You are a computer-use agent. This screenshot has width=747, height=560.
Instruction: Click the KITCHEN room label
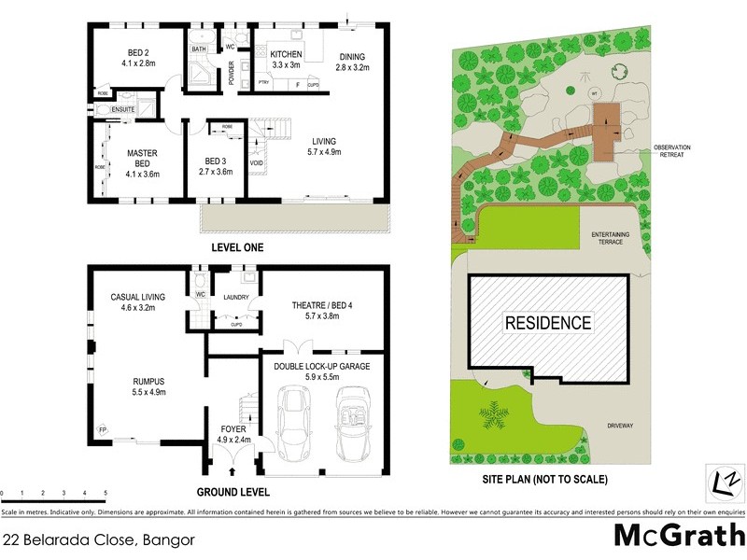[286, 55]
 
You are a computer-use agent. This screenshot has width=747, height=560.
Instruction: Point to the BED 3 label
[217, 161]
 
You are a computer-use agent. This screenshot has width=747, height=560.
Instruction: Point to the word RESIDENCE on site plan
[548, 324]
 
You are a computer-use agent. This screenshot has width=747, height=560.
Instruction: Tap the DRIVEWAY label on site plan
[621, 426]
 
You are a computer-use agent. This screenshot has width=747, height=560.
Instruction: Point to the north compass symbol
[726, 482]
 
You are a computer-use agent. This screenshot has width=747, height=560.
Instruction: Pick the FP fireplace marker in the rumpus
[102, 429]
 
